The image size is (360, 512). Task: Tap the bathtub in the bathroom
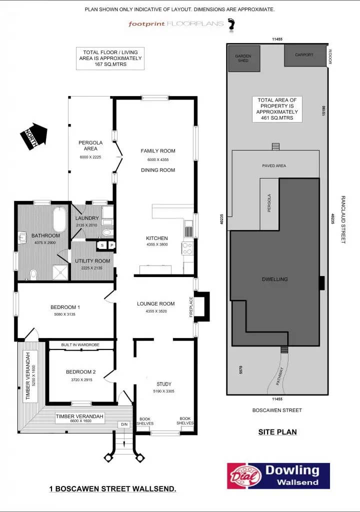(59, 218)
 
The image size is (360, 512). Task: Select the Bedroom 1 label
(65, 307)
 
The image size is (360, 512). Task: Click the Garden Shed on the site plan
(242, 58)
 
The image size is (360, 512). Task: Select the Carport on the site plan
(304, 55)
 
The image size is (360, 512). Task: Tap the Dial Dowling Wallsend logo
(278, 475)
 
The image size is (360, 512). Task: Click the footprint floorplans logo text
(175, 23)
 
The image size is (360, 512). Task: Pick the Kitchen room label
(156, 238)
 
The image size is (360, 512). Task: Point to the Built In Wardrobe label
(80, 345)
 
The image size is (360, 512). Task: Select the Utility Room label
(92, 261)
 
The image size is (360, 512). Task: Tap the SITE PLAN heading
(277, 432)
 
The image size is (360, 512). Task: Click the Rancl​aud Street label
(343, 219)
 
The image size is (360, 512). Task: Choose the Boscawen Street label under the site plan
(277, 410)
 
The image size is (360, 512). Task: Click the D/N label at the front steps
(124, 425)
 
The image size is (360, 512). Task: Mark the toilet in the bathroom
(33, 273)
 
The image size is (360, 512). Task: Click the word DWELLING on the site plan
(275, 279)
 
